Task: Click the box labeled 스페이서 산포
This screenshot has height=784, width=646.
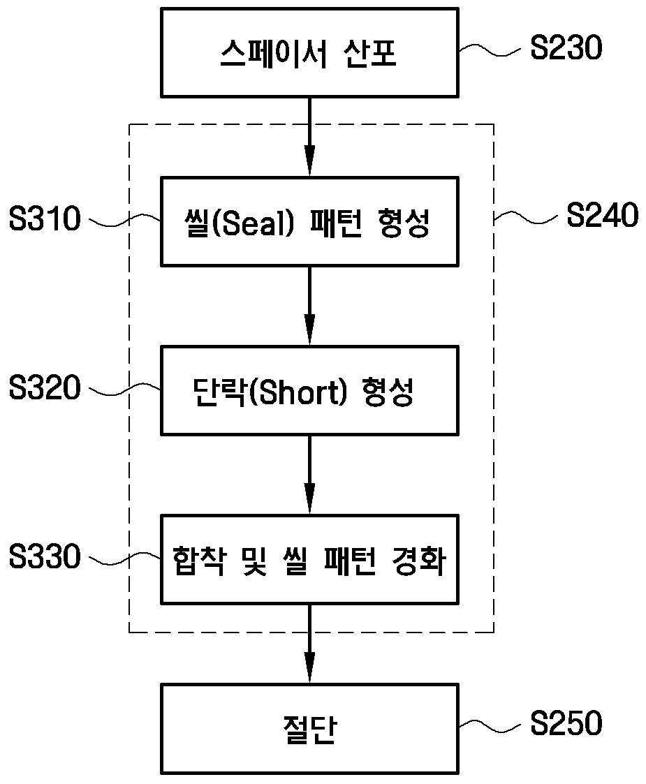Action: (309, 53)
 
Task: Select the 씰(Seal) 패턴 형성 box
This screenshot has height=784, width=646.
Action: (309, 222)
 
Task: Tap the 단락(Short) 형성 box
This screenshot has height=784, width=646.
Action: (309, 391)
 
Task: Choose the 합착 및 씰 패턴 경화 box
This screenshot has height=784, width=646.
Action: (309, 560)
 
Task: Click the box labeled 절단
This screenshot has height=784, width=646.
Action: (309, 728)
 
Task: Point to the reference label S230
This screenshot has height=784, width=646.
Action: (566, 50)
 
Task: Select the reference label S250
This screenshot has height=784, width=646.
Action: (566, 725)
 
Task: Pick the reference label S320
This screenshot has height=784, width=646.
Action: (45, 389)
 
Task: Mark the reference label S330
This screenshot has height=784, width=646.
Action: (45, 558)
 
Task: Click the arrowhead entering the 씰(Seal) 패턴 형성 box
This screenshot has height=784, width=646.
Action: (309, 168)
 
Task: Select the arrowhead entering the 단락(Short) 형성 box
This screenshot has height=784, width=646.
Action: (309, 336)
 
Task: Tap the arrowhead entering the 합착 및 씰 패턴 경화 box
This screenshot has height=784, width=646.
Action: (309, 505)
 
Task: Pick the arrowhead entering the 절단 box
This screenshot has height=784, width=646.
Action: (309, 674)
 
